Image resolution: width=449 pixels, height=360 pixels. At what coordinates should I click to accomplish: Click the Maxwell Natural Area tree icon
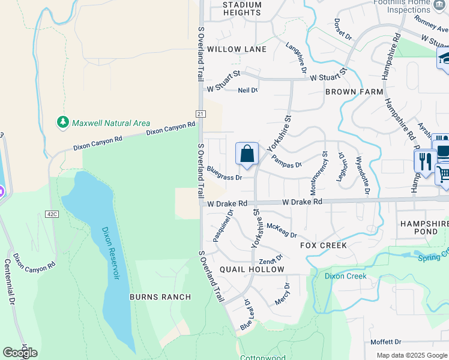[x=62, y=122]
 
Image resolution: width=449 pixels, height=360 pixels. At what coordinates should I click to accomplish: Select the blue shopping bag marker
[x=247, y=155]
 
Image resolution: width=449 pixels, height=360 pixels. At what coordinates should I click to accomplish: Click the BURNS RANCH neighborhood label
[x=160, y=297]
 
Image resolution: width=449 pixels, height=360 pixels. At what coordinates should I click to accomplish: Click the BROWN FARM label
[x=354, y=92]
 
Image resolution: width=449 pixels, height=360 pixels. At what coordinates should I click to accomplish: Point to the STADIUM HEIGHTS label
[x=242, y=8]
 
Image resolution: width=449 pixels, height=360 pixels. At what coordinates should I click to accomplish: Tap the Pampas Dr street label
[x=286, y=160]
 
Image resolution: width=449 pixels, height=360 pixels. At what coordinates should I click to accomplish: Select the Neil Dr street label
[x=247, y=90]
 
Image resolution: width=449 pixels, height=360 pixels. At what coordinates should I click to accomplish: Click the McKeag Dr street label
[x=283, y=227]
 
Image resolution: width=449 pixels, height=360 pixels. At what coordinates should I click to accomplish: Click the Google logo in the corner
[x=20, y=353]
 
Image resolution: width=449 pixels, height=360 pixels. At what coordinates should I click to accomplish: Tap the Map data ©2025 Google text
[x=411, y=355]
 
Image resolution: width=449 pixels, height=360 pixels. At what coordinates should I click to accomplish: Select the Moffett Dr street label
[x=385, y=341]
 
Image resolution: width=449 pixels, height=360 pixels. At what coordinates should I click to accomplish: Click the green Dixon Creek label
[x=345, y=276]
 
